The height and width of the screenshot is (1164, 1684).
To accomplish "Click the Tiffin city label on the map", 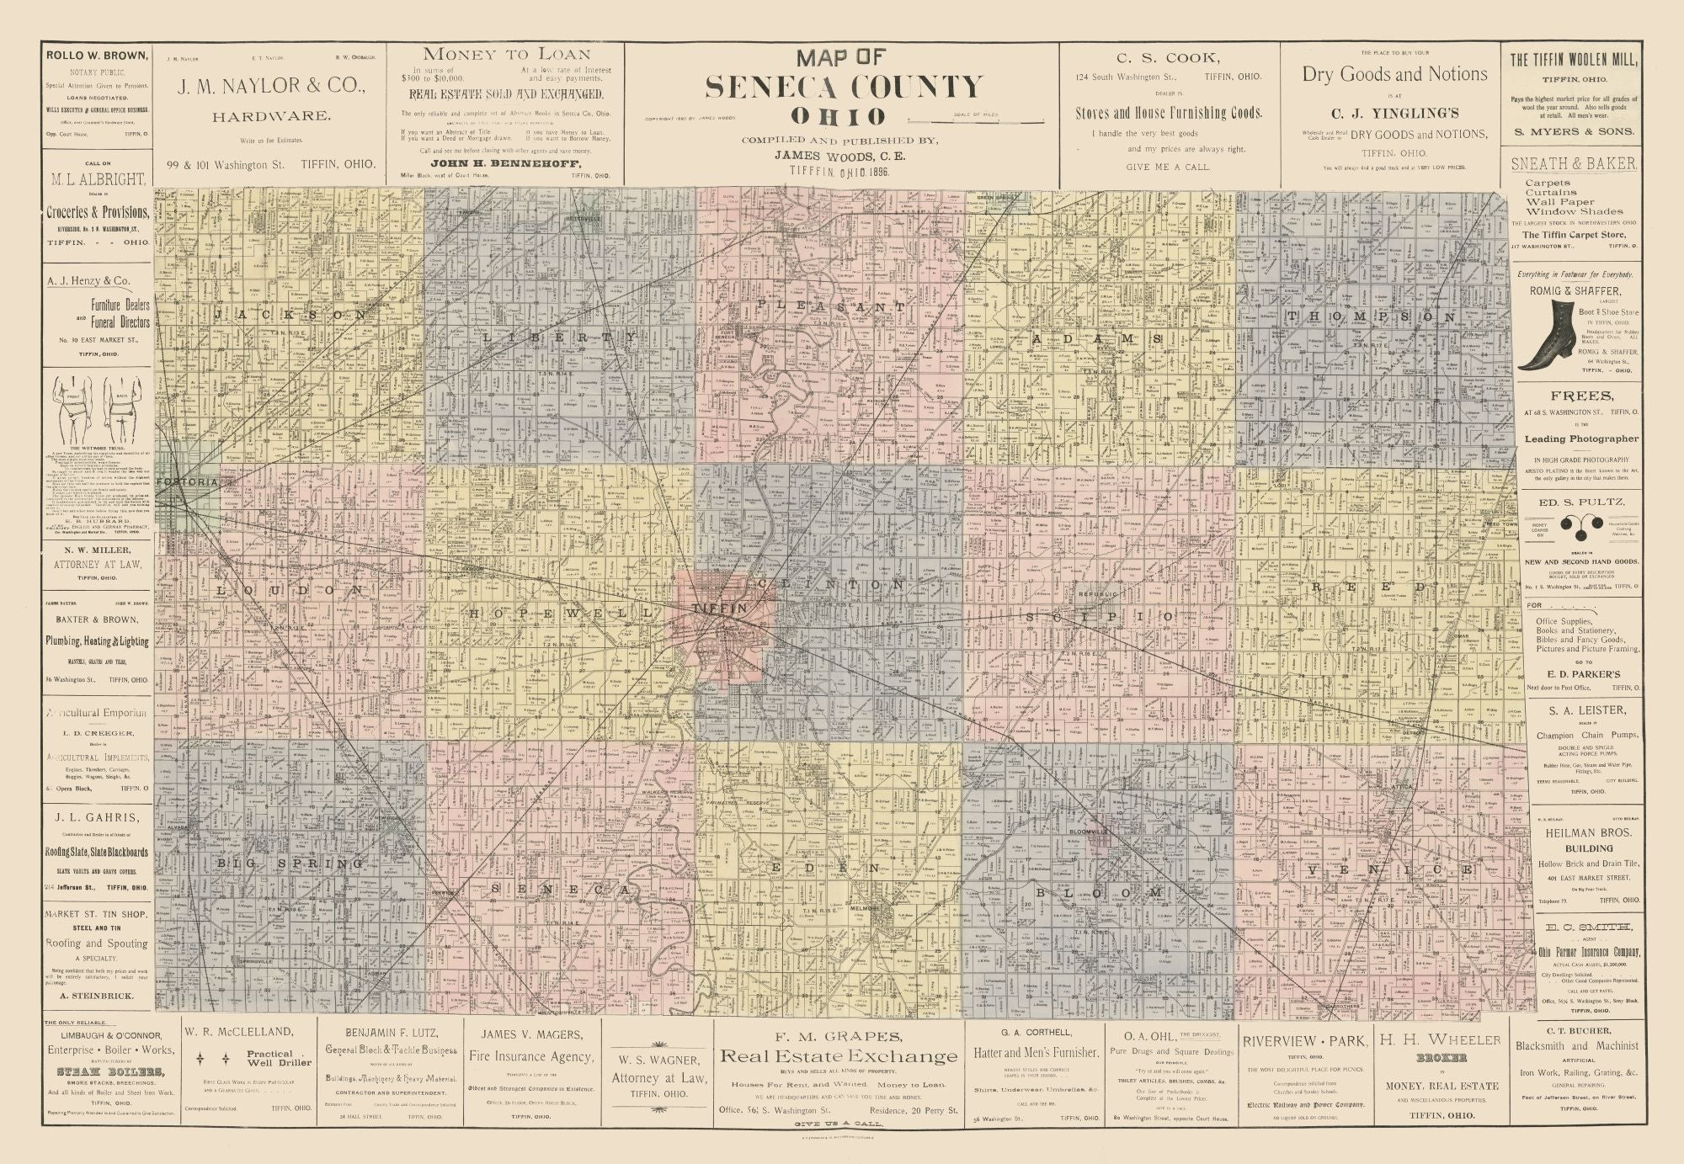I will pos(718,608).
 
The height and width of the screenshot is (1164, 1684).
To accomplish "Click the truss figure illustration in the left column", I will pos(97,407).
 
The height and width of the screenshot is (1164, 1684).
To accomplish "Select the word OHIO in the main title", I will pos(838,116).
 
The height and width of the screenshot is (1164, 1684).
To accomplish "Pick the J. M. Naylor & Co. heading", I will pos(270,86).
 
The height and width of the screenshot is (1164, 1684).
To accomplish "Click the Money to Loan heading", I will pos(505,54).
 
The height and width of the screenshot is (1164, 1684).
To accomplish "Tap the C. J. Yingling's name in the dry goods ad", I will pos(1394,114).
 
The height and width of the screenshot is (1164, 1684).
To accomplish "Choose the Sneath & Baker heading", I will pos(1573,164).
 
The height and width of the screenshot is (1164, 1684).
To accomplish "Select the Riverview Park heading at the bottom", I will pos(1304,1041).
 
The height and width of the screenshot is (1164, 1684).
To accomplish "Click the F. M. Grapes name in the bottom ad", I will pos(837,1037).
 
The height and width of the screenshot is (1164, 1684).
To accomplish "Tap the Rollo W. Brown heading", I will pos(97,56).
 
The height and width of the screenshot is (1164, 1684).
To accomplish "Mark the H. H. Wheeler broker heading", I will pos(1440,1040).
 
